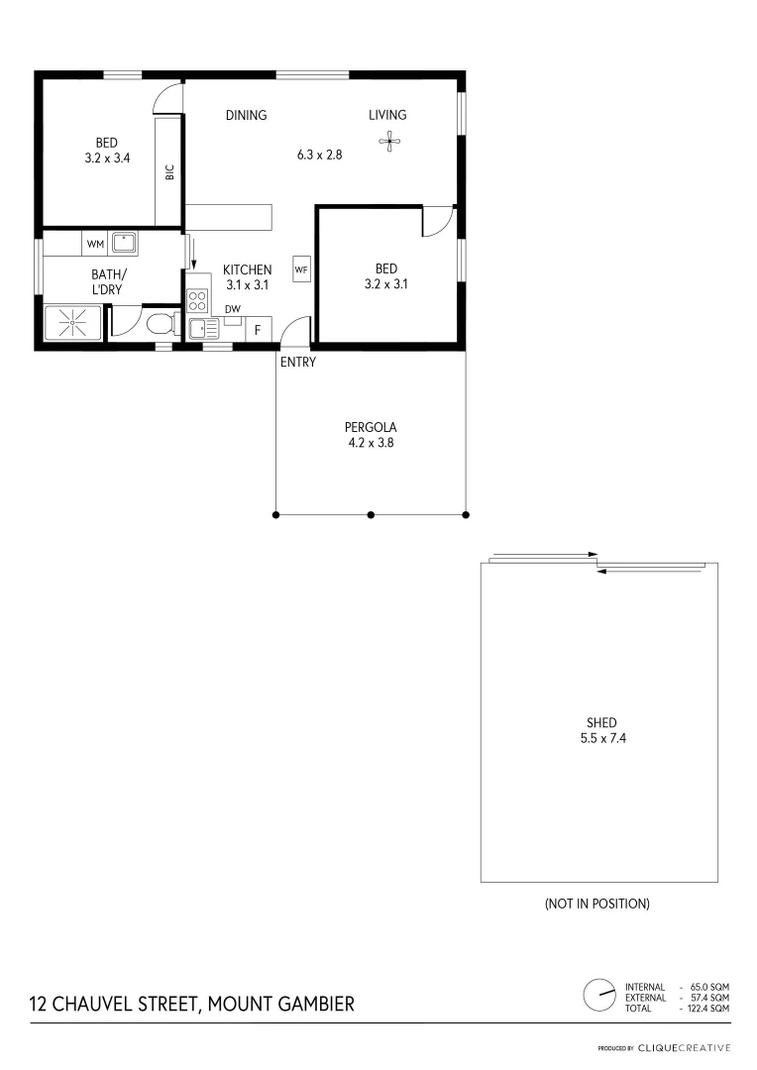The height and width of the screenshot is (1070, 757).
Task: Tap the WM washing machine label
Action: tap(95, 244)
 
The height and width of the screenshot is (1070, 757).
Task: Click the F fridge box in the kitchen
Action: tap(258, 330)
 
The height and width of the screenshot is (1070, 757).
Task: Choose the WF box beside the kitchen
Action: tap(301, 267)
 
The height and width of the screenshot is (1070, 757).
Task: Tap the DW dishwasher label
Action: tap(232, 309)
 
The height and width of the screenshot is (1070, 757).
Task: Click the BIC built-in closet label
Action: tap(169, 171)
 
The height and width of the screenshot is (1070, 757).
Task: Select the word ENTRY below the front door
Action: tap(297, 363)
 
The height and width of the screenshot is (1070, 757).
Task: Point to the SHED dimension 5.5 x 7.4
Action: tap(600, 739)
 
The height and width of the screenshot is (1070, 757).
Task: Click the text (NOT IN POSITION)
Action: tap(596, 904)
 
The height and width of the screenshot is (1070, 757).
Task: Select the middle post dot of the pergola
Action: tap(371, 514)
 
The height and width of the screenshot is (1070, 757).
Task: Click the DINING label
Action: tap(246, 115)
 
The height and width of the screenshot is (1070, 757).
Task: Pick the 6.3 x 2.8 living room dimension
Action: tap(319, 155)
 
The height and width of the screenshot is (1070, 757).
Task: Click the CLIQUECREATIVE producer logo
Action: tap(684, 1048)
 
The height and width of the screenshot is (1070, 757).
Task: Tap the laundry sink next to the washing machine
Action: tap(124, 242)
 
